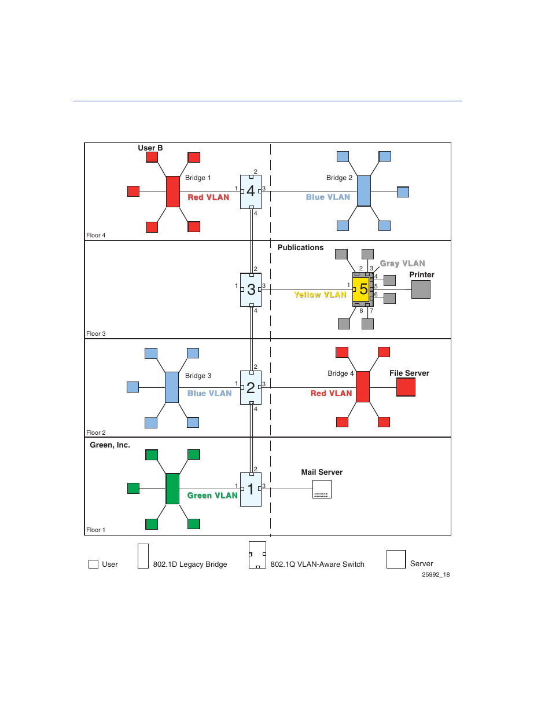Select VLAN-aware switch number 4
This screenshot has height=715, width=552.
[251, 191]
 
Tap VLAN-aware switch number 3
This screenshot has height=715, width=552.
[251, 289]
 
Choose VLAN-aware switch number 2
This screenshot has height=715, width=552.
[251, 387]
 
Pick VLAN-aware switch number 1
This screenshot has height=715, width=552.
[251, 489]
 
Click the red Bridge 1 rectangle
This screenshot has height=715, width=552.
[172, 192]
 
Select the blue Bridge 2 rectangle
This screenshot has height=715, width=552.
[363, 190]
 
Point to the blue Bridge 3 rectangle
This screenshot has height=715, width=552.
[172, 387]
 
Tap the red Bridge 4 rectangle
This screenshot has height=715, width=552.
[363, 387]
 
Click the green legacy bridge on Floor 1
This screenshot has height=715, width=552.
[172, 489]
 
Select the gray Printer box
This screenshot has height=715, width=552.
[421, 289]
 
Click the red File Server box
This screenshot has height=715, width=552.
[406, 387]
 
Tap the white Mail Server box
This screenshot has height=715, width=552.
[322, 489]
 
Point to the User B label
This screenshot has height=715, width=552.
[150, 148]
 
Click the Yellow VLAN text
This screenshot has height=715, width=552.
[320, 295]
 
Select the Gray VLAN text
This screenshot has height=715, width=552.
[402, 263]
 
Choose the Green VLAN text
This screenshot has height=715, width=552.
[212, 496]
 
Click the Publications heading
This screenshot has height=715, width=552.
[300, 248]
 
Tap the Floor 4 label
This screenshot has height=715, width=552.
[96, 236]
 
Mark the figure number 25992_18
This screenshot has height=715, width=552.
[436, 575]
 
